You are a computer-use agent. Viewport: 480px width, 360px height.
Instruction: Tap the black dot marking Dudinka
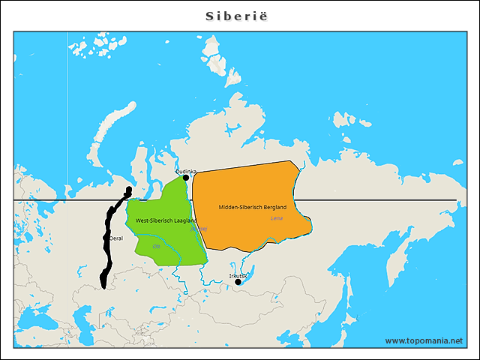click(186, 178)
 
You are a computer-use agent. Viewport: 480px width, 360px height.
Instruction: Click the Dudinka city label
click(186, 172)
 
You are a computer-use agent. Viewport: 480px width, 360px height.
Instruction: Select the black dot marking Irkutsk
click(238, 282)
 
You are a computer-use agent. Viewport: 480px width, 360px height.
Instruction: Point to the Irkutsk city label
click(238, 276)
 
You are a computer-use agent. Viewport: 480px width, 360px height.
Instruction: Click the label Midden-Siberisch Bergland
click(252, 206)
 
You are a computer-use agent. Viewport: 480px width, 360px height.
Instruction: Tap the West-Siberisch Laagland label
click(166, 221)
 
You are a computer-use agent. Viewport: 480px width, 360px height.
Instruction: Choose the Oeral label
click(116, 238)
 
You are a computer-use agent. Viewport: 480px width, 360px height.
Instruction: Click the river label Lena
click(277, 218)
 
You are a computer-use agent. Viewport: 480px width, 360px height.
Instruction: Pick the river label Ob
click(157, 246)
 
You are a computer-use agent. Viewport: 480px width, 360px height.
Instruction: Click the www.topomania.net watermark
click(424, 340)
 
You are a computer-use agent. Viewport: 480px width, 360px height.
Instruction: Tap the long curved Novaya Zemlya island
click(112, 135)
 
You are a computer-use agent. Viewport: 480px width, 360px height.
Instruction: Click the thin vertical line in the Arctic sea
click(67, 112)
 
